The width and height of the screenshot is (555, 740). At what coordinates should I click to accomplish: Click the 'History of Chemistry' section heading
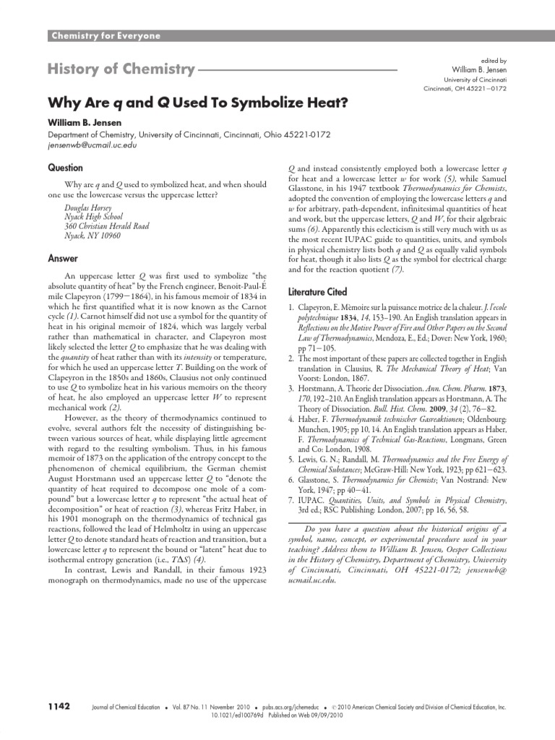tap(121, 70)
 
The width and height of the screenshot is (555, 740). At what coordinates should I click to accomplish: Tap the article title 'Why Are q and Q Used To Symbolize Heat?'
tap(198, 102)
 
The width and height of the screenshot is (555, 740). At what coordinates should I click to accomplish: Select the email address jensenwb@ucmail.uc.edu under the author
tap(92, 145)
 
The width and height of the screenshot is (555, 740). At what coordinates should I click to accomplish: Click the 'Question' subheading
tap(66, 168)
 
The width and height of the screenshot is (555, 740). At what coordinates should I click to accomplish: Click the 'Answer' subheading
tap(63, 258)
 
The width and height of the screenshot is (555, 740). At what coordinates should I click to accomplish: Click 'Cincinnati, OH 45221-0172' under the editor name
tap(465, 88)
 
